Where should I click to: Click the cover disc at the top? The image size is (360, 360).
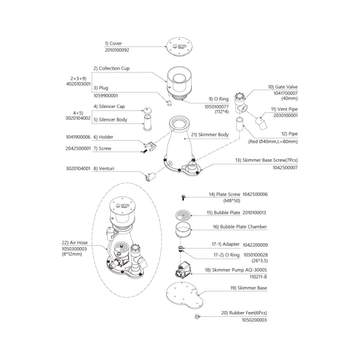click(x=180, y=47)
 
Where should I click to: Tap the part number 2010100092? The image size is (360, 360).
click(x=117, y=50)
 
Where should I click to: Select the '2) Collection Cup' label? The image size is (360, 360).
click(x=111, y=69)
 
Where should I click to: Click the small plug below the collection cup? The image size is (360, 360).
click(x=169, y=103)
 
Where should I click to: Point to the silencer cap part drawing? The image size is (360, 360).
click(x=147, y=110)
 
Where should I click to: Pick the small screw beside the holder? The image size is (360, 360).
click(x=144, y=151)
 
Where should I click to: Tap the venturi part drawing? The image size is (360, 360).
click(x=150, y=177)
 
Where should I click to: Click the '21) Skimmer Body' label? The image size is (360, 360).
click(x=210, y=135)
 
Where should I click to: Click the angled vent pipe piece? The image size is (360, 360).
click(x=261, y=123)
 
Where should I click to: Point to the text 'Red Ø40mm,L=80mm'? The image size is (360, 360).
click(x=274, y=142)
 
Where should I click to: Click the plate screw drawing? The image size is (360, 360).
click(x=183, y=197)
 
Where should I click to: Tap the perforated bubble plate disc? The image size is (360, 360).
click(x=183, y=215)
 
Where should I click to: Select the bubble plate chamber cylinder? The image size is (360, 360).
click(x=183, y=230)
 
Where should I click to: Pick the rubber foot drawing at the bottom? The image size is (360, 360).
click(x=196, y=317)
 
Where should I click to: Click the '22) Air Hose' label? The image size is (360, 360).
click(x=75, y=243)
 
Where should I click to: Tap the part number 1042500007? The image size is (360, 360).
click(x=285, y=168)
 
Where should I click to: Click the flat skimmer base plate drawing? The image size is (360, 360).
click(x=185, y=295)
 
